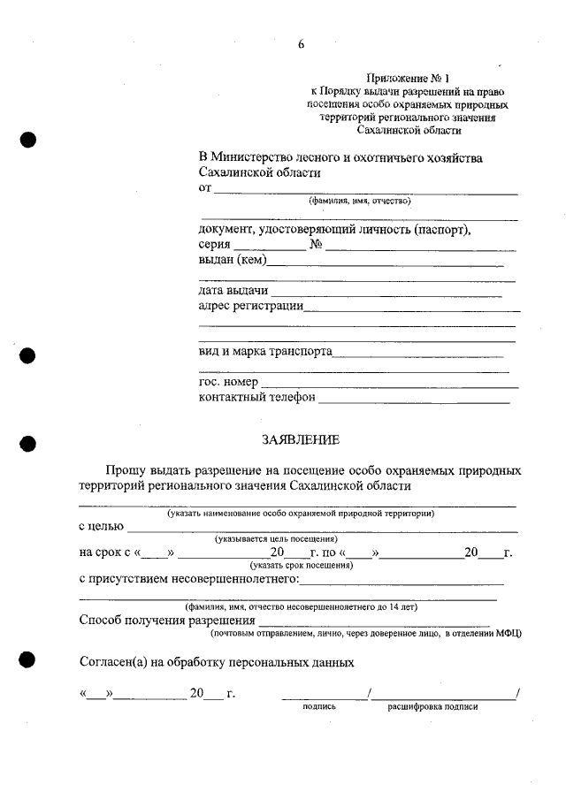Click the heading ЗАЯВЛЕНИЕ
(300, 439)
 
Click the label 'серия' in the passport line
(215, 245)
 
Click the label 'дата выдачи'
(233, 291)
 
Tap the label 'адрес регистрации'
(251, 306)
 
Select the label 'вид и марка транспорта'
(265, 351)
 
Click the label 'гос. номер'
(228, 382)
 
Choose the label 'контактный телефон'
(256, 398)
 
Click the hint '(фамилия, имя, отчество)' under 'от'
(360, 201)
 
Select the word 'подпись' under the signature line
(319, 707)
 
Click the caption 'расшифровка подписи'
(432, 707)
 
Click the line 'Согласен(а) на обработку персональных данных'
(217, 661)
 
